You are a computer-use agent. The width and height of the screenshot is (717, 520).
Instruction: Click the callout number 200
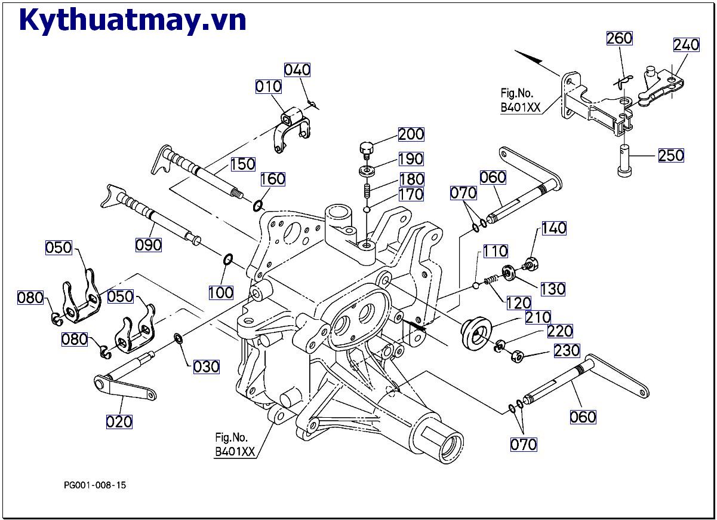click(411, 134)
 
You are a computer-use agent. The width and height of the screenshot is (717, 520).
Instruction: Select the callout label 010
click(268, 87)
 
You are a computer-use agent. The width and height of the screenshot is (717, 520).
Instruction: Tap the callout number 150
click(242, 164)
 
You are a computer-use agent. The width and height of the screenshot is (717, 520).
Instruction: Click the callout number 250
click(672, 155)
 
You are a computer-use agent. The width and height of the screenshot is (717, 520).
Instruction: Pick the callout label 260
click(619, 38)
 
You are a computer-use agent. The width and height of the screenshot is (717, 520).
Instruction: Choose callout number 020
click(119, 421)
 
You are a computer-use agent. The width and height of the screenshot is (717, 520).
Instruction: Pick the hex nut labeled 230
click(517, 357)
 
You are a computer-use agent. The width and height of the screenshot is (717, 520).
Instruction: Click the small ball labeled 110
click(476, 285)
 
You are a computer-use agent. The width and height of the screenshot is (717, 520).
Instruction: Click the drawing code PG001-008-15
click(95, 485)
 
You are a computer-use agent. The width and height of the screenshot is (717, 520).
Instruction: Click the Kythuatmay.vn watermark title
click(133, 20)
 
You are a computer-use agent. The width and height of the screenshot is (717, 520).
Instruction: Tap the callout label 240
click(686, 45)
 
